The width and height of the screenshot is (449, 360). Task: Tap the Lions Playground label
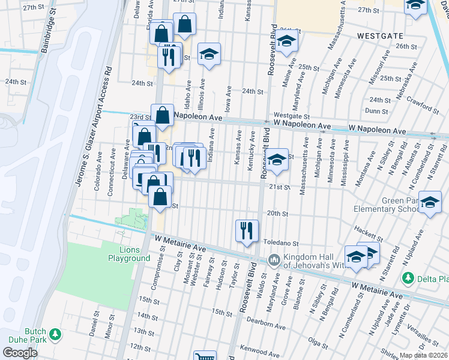coord(128,253)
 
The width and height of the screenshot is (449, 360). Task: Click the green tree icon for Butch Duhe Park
coord(55,333)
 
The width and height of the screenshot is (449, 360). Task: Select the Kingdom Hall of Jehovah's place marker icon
coord(274,260)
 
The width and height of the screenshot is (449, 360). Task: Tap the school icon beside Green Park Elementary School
coord(430,202)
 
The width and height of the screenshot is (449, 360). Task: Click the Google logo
coord(20,353)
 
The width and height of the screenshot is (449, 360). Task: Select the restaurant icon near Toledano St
coord(247,230)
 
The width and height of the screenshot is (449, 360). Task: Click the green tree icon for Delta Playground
coord(408,278)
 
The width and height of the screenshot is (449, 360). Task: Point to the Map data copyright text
coord(424,355)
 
